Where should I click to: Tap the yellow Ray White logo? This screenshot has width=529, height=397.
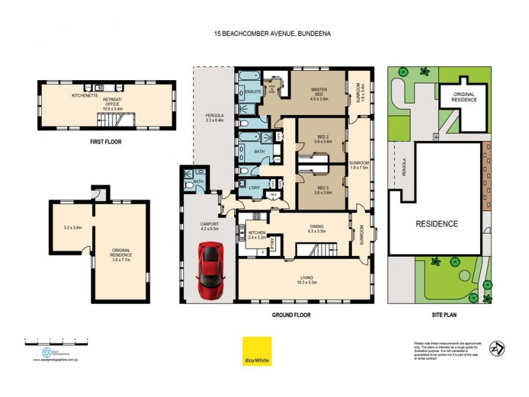257,351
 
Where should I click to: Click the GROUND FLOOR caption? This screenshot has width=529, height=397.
292,315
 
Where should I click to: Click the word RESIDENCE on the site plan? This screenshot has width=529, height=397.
436,224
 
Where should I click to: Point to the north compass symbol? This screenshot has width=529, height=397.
496,348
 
